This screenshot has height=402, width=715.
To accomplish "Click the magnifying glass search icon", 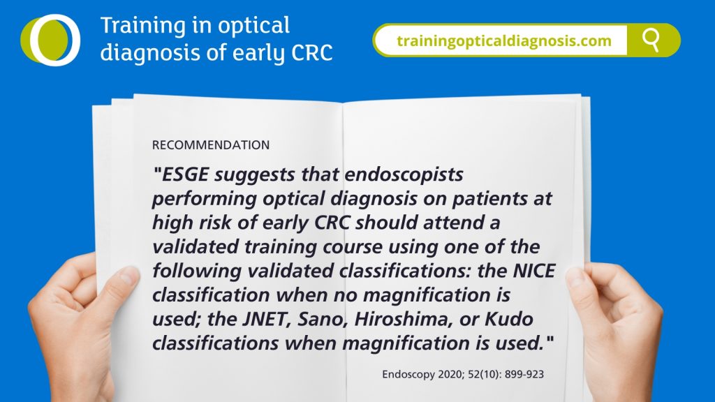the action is pyautogui.click(x=651, y=40).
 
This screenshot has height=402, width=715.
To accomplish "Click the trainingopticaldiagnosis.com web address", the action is pyautogui.click(x=504, y=41).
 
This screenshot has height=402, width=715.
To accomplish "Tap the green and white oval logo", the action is pyautogui.click(x=50, y=40).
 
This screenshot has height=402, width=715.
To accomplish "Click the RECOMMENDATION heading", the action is pyautogui.click(x=211, y=145).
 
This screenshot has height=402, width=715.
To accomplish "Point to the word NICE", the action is pyautogui.click(x=534, y=271).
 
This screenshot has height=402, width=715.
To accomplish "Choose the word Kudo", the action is pyautogui.click(x=509, y=319).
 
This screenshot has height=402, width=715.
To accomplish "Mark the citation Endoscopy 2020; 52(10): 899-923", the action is pyautogui.click(x=463, y=374).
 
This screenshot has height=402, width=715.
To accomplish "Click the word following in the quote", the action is pyautogui.click(x=197, y=271).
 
